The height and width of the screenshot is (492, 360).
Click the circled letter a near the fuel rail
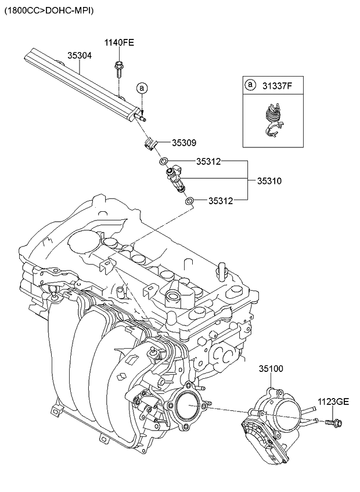click(x=141, y=88)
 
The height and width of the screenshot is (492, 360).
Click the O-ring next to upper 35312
click(x=165, y=161)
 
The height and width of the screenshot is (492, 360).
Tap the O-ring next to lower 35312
click(x=189, y=201)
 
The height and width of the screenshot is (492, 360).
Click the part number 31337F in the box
click(x=276, y=85)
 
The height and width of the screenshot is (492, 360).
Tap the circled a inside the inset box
click(x=250, y=85)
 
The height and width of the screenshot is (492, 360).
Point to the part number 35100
click(x=271, y=368)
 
